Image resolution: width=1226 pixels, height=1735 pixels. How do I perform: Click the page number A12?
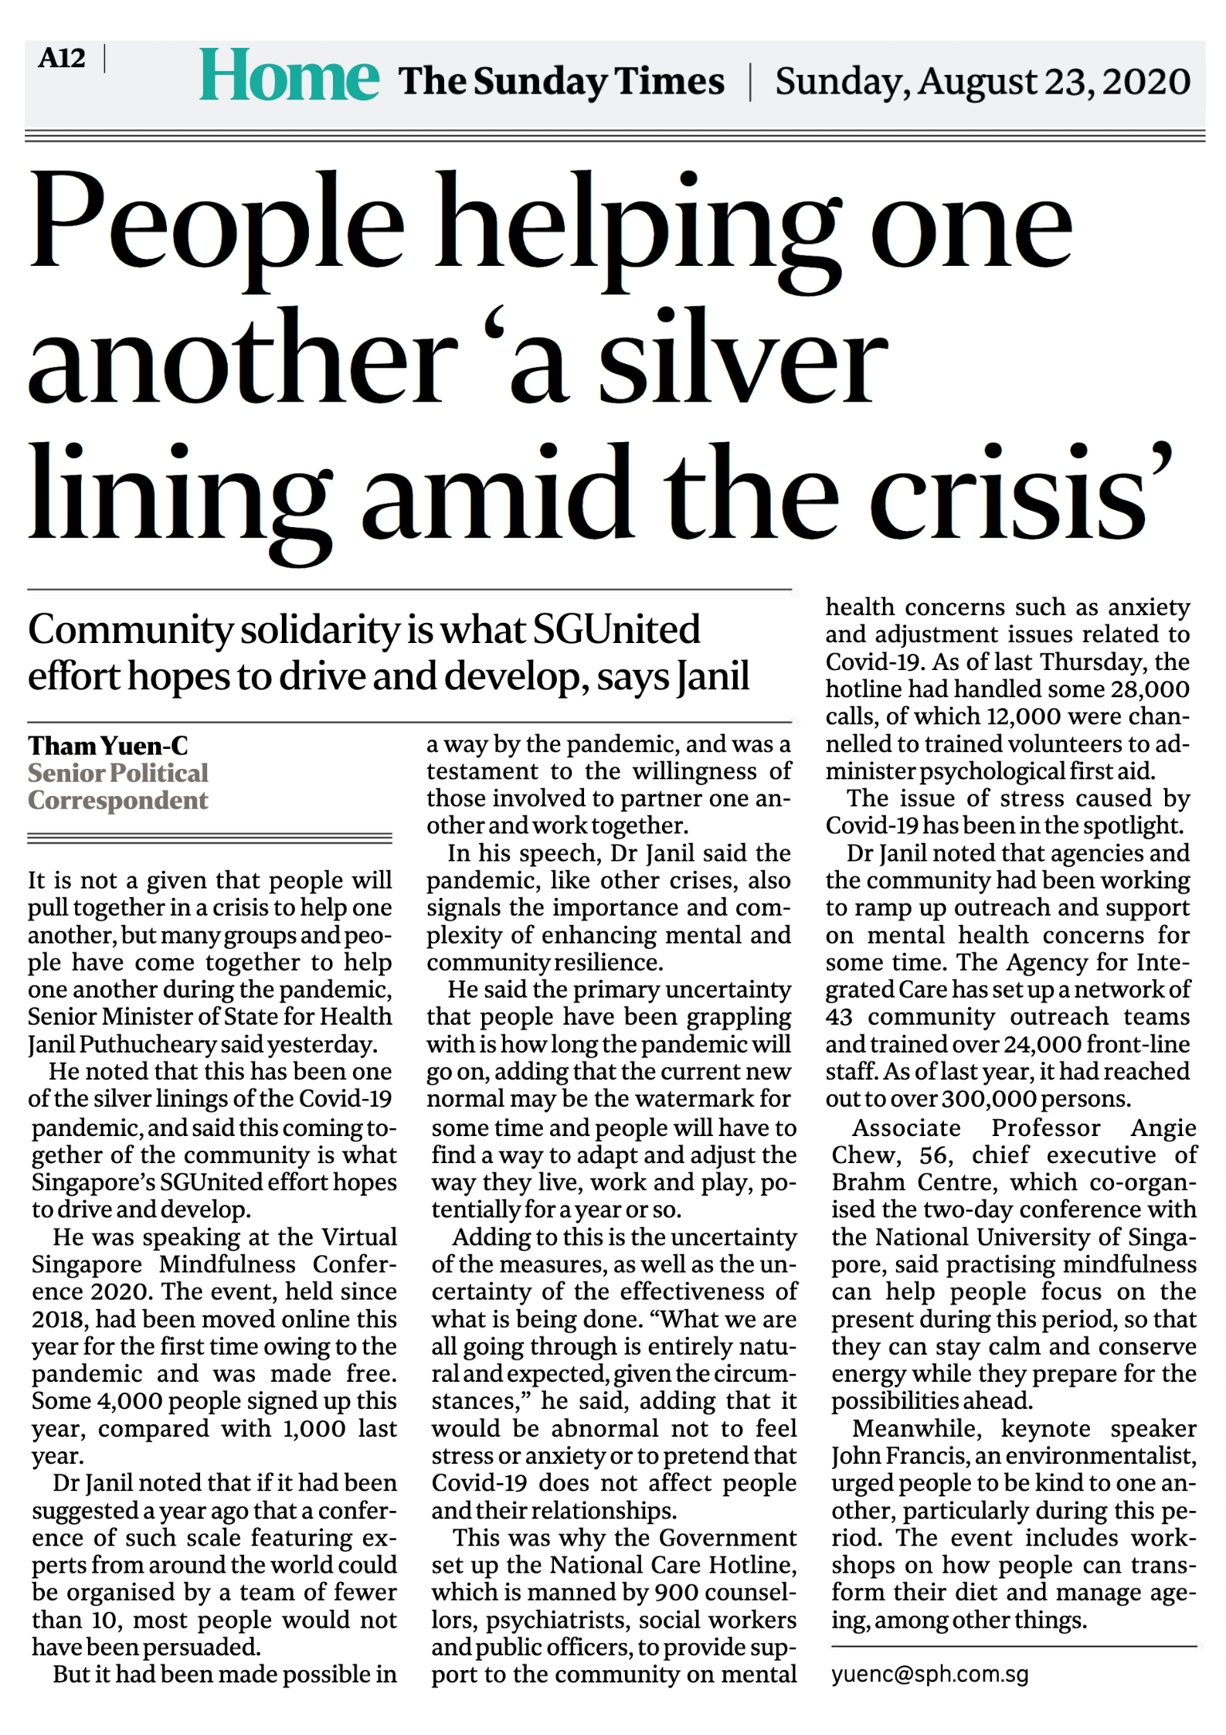[61, 59]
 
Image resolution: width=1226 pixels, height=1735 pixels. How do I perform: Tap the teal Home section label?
[289, 77]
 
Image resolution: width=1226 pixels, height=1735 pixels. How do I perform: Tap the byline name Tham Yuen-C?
[108, 746]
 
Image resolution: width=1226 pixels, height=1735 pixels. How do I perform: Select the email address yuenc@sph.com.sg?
[929, 1675]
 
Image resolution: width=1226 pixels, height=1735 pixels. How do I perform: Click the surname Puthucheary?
[138, 1045]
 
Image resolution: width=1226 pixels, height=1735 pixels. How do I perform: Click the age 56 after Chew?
[937, 1155]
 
